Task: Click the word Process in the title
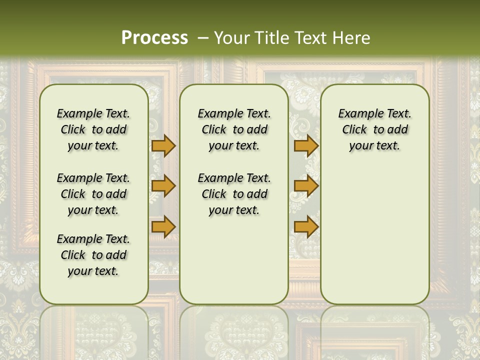154,37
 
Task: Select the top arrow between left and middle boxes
163,145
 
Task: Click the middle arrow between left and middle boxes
163,186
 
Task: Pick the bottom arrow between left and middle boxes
163,227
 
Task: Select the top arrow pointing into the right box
306,145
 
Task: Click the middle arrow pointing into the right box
306,186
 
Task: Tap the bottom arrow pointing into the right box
306,227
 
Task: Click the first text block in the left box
93,129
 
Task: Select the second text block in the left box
93,194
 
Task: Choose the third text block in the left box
93,255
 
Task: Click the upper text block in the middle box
234,129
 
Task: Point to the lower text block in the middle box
234,194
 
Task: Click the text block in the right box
374,129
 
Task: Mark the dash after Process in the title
203,37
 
